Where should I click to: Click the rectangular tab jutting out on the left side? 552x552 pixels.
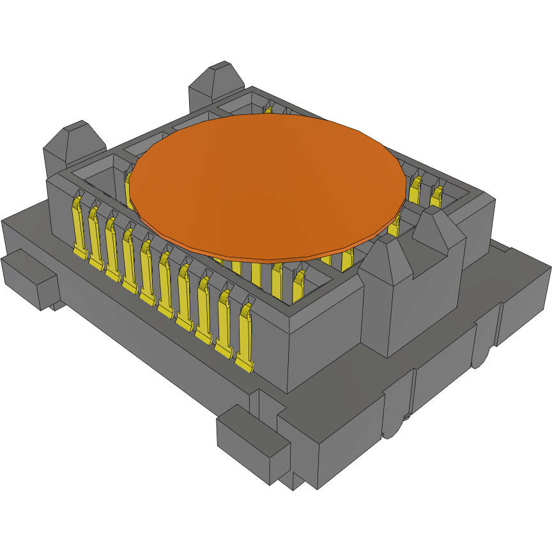point(29,278)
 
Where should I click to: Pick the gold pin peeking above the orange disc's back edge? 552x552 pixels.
point(268,111)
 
